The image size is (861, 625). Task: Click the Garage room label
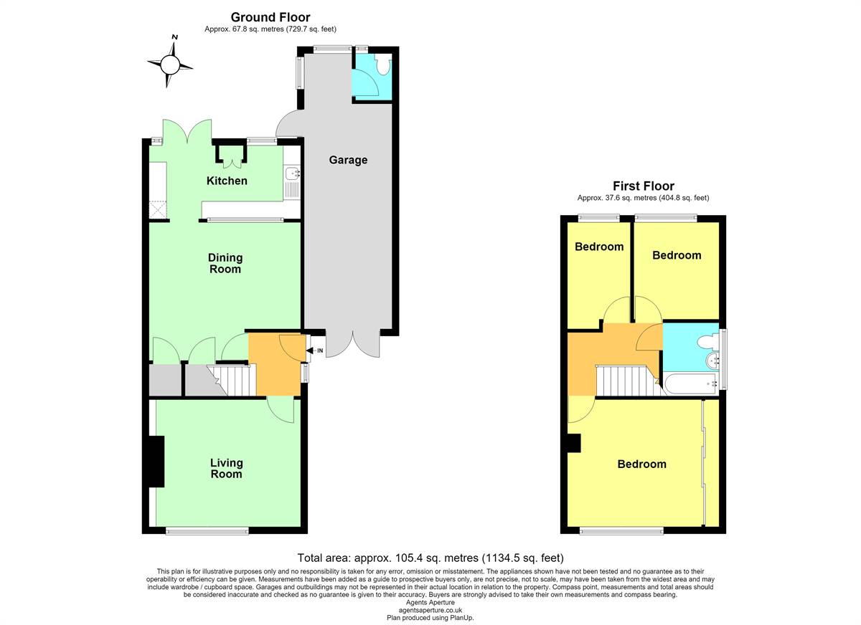click(x=348, y=160)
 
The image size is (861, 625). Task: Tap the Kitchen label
click(x=227, y=181)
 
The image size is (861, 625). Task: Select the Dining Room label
click(x=225, y=263)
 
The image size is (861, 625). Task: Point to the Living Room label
click(x=227, y=468)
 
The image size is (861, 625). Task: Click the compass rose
click(x=170, y=65)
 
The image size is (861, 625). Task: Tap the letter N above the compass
click(x=175, y=37)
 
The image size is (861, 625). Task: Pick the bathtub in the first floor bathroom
click(x=691, y=383)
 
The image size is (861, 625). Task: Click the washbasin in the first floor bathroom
click(x=712, y=361)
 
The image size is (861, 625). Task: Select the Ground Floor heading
click(x=270, y=17)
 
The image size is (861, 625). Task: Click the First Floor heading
click(x=643, y=186)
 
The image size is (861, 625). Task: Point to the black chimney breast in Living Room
click(x=156, y=462)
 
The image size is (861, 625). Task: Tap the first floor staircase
click(x=631, y=381)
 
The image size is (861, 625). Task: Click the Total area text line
click(x=430, y=558)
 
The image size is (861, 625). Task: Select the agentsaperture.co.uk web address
click(x=430, y=610)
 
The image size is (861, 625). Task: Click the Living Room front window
click(x=207, y=531)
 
